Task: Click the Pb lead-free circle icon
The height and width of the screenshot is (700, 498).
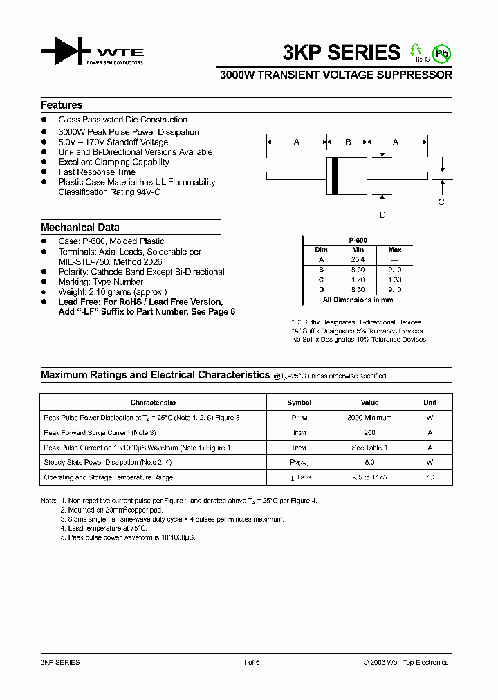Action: [x=441, y=53]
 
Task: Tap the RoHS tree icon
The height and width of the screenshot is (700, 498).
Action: [x=416, y=51]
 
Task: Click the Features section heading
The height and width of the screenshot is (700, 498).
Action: [x=62, y=105]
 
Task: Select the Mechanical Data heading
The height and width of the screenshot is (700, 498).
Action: [x=80, y=228]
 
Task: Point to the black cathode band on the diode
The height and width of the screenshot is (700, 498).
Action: [x=335, y=176]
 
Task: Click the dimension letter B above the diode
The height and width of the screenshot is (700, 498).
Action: [x=348, y=142]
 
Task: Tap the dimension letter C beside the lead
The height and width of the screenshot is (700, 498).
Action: [x=441, y=202]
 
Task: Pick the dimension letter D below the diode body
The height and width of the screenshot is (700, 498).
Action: [x=382, y=215]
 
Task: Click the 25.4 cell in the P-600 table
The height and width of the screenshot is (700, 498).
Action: [x=358, y=259]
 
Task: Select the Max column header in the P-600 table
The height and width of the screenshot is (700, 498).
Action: [x=394, y=250]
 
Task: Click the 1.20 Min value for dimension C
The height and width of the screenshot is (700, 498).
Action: [x=358, y=279]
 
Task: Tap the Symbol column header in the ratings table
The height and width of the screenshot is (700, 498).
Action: [x=299, y=403]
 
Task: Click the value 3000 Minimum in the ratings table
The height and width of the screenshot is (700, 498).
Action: [x=369, y=418]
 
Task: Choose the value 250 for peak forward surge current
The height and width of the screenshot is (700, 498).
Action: [x=369, y=432]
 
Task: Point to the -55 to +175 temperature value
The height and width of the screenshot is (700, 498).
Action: [x=369, y=477]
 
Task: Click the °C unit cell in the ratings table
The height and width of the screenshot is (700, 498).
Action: [x=430, y=477]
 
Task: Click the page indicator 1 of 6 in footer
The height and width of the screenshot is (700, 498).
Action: [x=251, y=663]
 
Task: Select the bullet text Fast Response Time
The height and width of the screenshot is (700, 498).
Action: [x=97, y=172]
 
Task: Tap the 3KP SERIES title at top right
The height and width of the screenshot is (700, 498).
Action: [x=341, y=53]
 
